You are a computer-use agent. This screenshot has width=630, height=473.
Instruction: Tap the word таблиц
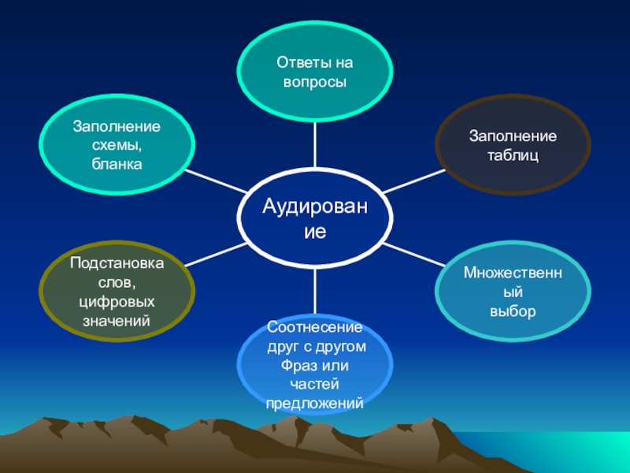pos(513,156)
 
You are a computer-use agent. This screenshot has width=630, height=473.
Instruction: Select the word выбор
pos(513,311)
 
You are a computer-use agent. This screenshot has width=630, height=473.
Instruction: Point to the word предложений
pos(315,403)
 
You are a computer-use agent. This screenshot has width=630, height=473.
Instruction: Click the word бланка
pos(117,164)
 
